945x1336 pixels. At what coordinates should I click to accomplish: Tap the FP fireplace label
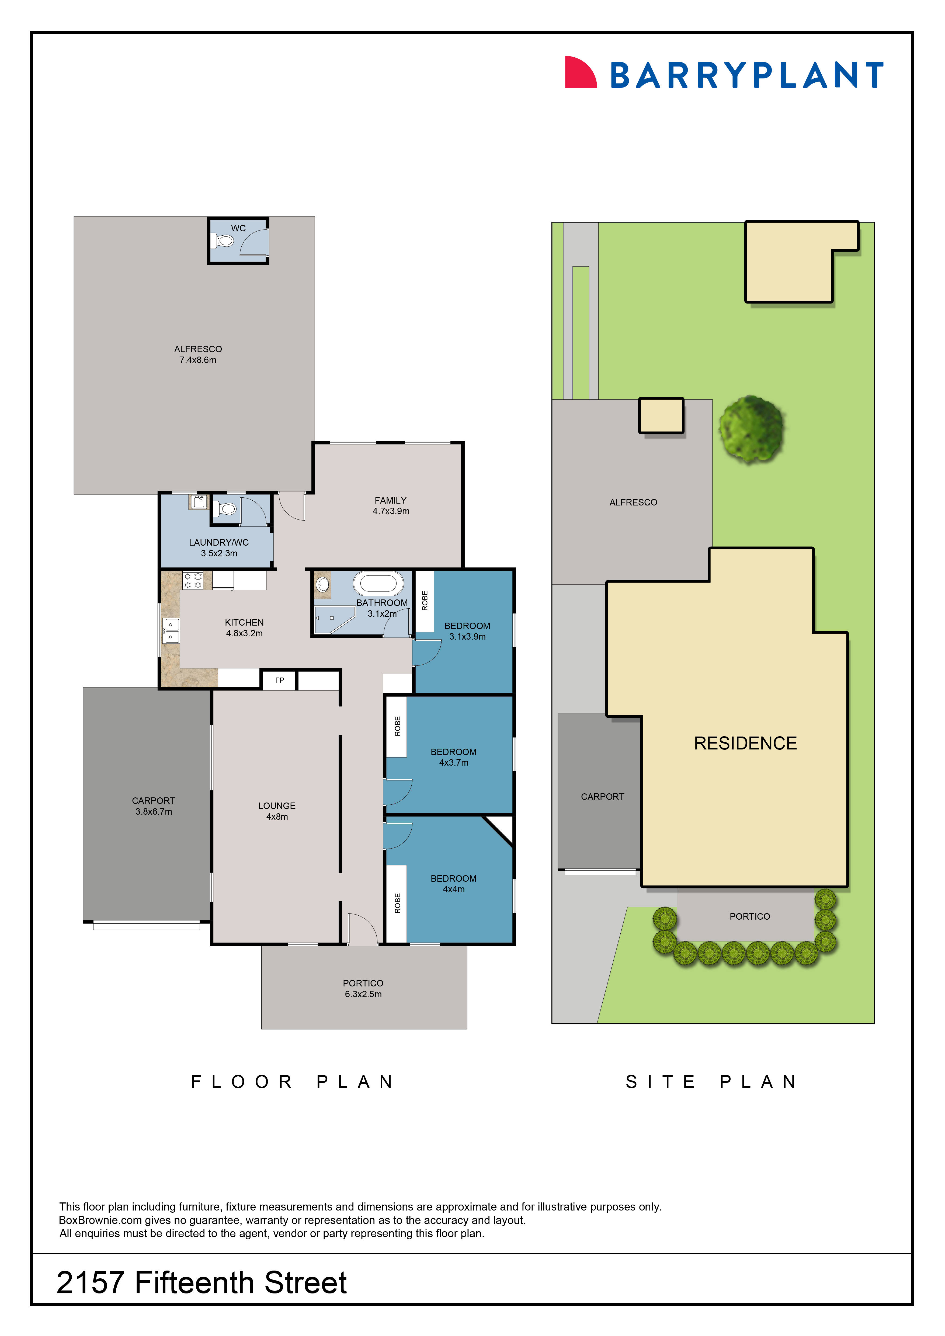tap(279, 680)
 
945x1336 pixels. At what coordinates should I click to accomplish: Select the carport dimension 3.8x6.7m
tap(154, 812)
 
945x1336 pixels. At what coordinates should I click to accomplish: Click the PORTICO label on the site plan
tap(749, 916)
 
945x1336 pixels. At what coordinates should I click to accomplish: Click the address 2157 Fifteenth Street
tap(201, 1283)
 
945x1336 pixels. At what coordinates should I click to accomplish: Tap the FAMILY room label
tap(390, 500)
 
